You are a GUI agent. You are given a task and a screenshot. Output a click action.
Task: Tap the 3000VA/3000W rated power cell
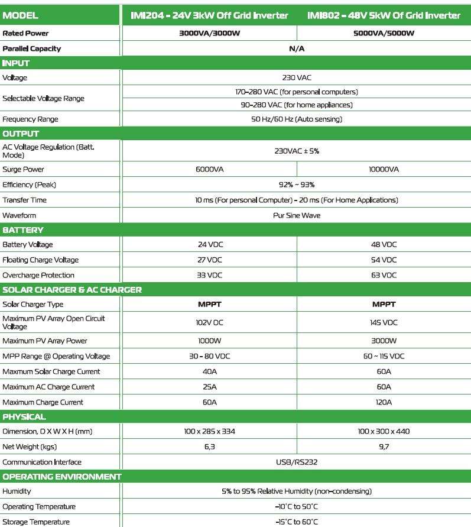click(x=209, y=33)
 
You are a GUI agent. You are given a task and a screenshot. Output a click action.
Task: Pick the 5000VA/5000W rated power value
click(x=384, y=33)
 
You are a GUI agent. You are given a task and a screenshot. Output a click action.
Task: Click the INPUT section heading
click(x=17, y=63)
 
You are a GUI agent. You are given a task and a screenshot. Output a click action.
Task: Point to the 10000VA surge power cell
click(x=384, y=169)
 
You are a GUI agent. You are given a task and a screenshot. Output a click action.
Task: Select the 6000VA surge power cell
click(x=209, y=169)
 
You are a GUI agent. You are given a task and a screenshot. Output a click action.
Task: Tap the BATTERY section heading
click(x=23, y=230)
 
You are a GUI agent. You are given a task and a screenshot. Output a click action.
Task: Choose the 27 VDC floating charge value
click(x=209, y=260)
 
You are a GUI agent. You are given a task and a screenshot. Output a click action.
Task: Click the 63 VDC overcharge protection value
click(x=384, y=275)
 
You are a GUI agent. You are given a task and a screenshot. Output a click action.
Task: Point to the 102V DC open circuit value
click(x=209, y=322)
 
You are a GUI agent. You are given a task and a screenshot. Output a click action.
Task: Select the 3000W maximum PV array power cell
click(x=384, y=341)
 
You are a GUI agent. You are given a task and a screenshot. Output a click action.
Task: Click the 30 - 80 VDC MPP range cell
click(x=209, y=356)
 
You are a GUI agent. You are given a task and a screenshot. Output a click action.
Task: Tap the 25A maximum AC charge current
click(x=209, y=387)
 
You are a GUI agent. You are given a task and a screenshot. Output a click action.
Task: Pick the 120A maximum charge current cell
click(x=384, y=402)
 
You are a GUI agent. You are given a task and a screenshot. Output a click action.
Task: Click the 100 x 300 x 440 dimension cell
click(x=384, y=432)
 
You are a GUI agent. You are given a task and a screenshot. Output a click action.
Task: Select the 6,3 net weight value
click(x=209, y=447)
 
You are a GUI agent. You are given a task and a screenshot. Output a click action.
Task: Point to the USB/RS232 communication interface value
click(x=297, y=462)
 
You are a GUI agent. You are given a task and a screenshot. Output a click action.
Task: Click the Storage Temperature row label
click(x=36, y=522)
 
